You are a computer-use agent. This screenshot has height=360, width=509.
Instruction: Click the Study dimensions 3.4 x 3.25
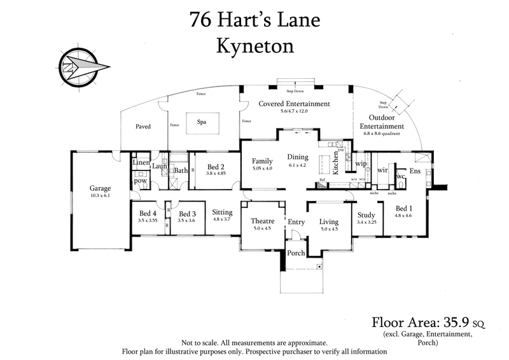[x=368, y=223]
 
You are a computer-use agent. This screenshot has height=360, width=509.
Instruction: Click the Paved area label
[x=143, y=127]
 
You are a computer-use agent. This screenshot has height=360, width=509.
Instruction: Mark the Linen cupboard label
[x=141, y=163]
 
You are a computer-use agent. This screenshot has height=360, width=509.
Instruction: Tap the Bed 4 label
[x=148, y=214]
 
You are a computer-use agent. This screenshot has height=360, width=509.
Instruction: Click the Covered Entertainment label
[x=294, y=104]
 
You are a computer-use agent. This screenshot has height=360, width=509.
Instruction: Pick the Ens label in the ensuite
[x=415, y=171]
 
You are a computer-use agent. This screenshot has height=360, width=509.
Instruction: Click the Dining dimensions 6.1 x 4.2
[x=298, y=165]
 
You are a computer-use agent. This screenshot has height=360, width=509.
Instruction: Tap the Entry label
[x=296, y=222]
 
